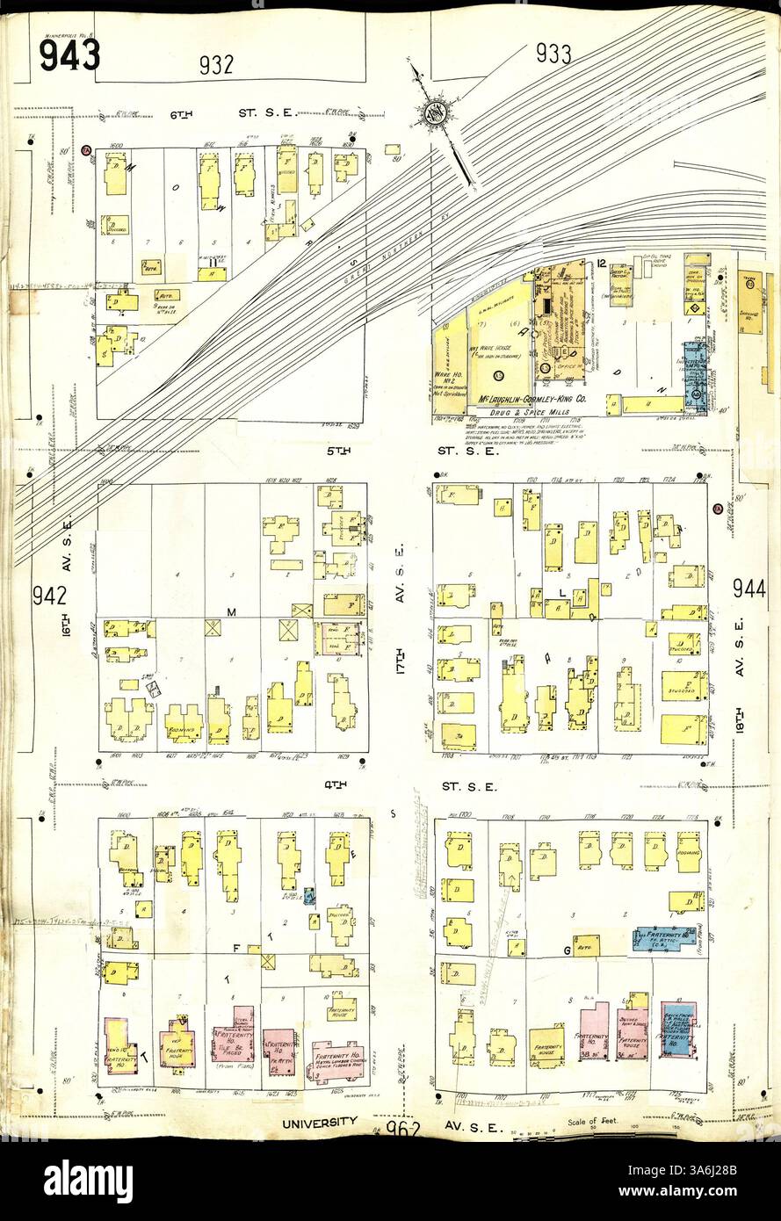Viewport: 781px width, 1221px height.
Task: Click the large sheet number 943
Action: pyautogui.click(x=69, y=55)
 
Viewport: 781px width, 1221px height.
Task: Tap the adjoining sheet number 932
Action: pyautogui.click(x=216, y=63)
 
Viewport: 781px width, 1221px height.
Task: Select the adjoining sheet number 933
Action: pyautogui.click(x=553, y=54)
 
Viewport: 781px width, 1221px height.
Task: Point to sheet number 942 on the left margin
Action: pyautogui.click(x=50, y=596)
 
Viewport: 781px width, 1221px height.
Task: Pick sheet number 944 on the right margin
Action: pyautogui.click(x=749, y=589)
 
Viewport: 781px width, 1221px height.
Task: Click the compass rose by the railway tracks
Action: pyautogui.click(x=434, y=112)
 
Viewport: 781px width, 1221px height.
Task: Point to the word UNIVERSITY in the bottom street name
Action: pyautogui.click(x=320, y=1122)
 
